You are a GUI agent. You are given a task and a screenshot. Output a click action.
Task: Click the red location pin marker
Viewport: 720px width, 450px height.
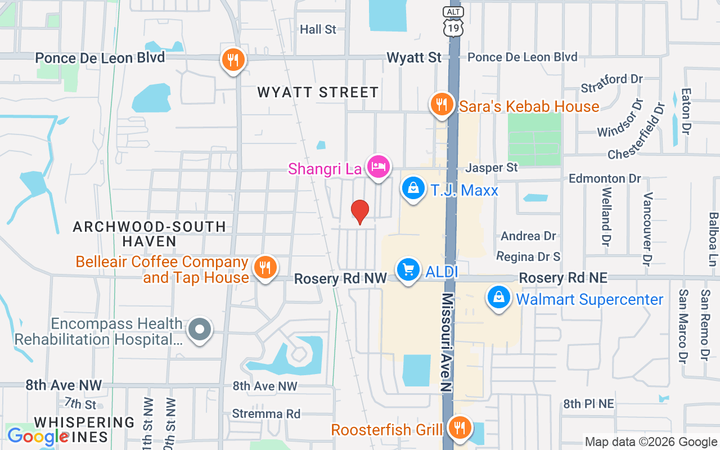(x=360, y=211)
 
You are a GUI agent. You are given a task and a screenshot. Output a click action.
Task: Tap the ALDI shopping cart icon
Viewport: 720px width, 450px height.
(x=408, y=271)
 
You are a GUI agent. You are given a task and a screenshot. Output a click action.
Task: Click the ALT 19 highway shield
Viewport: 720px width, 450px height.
(x=453, y=22)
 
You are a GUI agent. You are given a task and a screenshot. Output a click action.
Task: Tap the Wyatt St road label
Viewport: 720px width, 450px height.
(x=414, y=57)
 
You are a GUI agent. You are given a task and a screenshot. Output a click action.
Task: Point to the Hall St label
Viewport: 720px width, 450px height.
(x=318, y=29)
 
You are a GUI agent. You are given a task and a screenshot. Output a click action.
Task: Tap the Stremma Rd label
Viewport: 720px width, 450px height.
(x=266, y=414)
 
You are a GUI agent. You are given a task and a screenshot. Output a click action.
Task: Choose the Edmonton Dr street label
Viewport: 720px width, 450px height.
(x=605, y=178)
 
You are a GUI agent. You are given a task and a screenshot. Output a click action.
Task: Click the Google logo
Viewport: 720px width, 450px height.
(x=38, y=436)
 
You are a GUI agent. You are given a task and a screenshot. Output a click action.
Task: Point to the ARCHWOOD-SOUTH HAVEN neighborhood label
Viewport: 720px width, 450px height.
(x=150, y=234)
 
